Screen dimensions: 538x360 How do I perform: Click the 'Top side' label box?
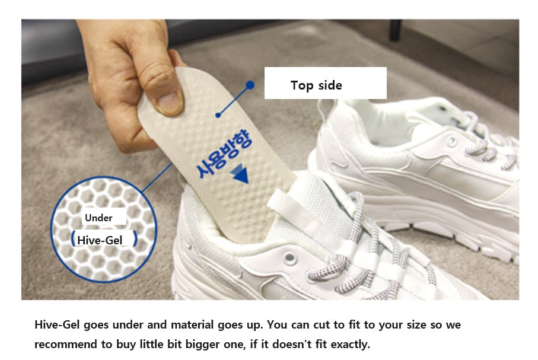click(x=325, y=83)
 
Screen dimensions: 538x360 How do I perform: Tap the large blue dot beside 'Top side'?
click(x=250, y=85)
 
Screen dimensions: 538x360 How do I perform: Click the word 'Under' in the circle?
click(x=98, y=218)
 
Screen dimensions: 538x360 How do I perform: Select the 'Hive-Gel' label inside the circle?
click(x=100, y=240)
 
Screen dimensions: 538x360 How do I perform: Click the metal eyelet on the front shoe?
click(x=289, y=257)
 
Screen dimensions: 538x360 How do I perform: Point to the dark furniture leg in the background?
click(x=396, y=30)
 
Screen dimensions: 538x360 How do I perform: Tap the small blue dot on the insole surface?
click(x=218, y=116)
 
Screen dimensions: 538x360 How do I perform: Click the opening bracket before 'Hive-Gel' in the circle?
click(x=72, y=238)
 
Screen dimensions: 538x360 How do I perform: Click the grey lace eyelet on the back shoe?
click(x=452, y=141)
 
